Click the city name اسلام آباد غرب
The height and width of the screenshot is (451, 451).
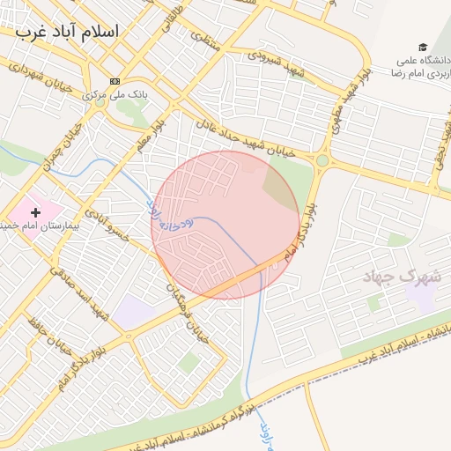point(66,31)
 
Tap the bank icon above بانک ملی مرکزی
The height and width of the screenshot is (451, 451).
point(114,81)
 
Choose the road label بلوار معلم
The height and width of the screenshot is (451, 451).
point(151,128)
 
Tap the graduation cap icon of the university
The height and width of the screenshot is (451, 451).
point(423,47)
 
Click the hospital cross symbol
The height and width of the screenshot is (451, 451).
point(36,211)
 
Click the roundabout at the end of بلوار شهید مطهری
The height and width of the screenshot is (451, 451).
point(322,161)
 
